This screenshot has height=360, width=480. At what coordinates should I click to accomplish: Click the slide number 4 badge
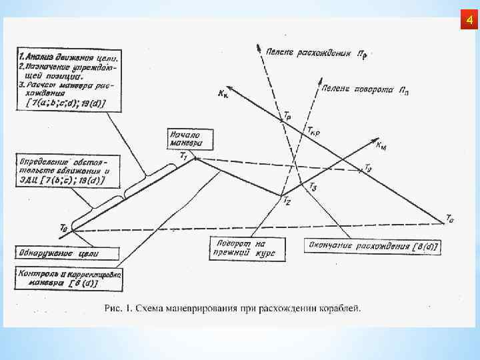click(x=469, y=22)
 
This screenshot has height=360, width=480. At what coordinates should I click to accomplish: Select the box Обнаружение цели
click(x=67, y=254)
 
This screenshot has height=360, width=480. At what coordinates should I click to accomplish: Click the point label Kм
click(x=383, y=145)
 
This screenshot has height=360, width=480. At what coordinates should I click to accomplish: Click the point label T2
click(x=286, y=199)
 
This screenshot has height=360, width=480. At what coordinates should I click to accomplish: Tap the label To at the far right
click(x=450, y=217)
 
